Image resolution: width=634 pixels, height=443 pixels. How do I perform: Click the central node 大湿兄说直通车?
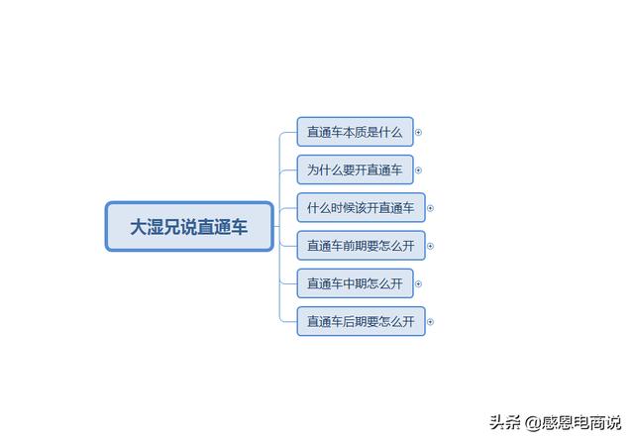(x=189, y=227)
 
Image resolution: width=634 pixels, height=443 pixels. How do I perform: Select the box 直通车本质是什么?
(x=355, y=132)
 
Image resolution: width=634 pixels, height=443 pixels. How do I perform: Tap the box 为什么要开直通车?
(x=355, y=169)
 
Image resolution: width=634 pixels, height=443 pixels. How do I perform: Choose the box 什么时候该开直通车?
(x=361, y=208)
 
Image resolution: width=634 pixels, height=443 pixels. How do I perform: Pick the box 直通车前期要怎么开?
(x=361, y=246)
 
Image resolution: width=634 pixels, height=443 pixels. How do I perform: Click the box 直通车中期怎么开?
(x=355, y=283)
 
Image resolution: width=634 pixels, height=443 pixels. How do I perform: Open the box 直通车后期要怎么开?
(x=361, y=322)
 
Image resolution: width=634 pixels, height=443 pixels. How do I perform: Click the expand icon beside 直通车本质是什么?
(x=418, y=132)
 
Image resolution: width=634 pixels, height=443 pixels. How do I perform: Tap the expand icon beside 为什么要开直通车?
(x=418, y=170)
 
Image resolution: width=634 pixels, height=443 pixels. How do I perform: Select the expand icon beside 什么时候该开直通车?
(x=430, y=208)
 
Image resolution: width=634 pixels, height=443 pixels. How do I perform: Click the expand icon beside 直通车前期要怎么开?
(x=430, y=246)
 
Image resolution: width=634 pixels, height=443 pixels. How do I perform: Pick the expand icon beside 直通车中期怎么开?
(x=418, y=284)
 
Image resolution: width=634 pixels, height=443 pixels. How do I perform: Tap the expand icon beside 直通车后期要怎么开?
(x=430, y=322)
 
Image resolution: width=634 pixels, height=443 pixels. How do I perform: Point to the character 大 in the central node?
(x=138, y=227)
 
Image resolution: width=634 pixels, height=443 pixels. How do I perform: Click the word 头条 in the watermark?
(x=505, y=423)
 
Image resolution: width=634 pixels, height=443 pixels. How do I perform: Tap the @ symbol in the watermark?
(x=533, y=423)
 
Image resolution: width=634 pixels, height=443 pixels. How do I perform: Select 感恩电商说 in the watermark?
(x=581, y=423)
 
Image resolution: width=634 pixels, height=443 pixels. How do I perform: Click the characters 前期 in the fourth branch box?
(x=355, y=246)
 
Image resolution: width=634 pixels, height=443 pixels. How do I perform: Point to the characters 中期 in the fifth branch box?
(x=355, y=283)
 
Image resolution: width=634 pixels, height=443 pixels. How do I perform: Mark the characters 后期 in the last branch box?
(x=355, y=322)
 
